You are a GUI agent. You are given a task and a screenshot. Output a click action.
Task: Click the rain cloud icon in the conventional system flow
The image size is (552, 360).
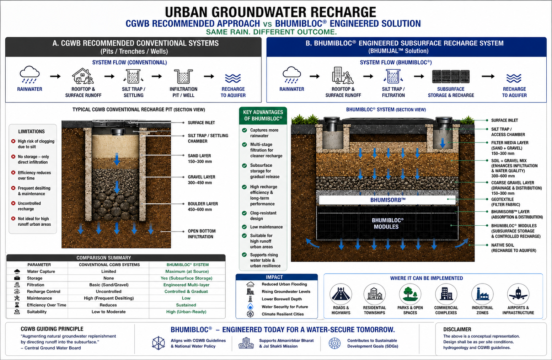tap(30, 74)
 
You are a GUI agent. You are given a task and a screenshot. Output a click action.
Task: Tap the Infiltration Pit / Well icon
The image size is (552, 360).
tap(183, 76)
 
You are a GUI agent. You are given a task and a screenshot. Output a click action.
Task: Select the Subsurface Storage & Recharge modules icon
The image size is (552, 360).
tap(451, 76)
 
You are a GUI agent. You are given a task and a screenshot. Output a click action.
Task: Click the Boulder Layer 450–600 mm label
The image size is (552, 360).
tap(203, 206)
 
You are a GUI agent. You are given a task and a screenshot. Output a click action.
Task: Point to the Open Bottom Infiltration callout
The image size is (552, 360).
tap(202, 234)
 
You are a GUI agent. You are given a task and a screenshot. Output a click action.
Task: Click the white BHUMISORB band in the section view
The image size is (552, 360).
tap(387, 200)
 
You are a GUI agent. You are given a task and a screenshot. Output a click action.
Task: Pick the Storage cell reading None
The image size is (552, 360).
tap(109, 278)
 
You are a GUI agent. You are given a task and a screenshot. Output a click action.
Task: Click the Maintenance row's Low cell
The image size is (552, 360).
tap(186, 298)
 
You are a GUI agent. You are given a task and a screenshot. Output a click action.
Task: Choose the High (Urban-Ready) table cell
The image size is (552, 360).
tap(186, 312)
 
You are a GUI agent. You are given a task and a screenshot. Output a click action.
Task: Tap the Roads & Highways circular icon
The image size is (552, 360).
tap(341, 294)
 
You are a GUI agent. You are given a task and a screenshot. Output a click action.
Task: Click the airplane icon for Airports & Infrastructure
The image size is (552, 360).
tap(518, 294)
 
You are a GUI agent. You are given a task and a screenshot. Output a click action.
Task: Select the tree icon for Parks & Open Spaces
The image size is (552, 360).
tap(410, 294)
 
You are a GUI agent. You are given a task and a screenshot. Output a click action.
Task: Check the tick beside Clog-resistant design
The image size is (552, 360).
tap(245, 213)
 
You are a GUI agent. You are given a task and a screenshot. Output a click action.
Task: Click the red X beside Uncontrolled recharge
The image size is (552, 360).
tap(13, 203)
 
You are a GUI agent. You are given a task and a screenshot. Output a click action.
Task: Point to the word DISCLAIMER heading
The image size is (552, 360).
tap(457, 329)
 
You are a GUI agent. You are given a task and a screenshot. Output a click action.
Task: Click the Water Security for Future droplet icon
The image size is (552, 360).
tap(250, 307)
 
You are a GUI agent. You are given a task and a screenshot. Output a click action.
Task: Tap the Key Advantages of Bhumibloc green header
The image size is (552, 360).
tap(263, 115)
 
